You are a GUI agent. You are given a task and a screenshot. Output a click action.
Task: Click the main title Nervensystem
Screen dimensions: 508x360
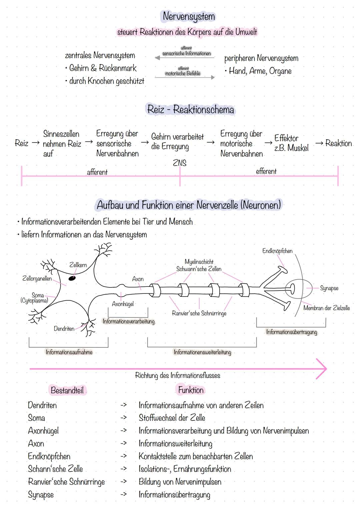click(x=189, y=16)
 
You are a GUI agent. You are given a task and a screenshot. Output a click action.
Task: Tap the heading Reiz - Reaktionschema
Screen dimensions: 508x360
click(x=190, y=110)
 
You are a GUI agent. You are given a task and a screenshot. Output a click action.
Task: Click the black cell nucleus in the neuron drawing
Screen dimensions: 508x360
click(x=72, y=277)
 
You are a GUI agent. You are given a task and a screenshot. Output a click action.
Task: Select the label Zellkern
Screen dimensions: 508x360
click(x=78, y=265)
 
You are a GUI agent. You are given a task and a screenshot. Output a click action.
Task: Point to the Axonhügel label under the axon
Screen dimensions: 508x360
click(x=123, y=304)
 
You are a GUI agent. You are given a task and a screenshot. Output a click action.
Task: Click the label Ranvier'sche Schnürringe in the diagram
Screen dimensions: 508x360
click(x=199, y=313)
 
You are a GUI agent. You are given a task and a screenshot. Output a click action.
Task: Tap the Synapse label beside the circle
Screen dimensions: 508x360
click(x=329, y=288)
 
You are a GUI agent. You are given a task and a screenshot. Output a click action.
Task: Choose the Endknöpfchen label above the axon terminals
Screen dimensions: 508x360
click(x=277, y=251)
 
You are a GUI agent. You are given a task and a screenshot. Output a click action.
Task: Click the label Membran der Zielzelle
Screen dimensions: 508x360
click(x=326, y=308)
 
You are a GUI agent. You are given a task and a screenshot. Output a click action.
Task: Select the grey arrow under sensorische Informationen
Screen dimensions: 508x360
click(x=185, y=58)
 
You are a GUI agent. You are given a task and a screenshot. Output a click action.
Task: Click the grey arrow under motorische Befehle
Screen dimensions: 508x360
click(x=185, y=77)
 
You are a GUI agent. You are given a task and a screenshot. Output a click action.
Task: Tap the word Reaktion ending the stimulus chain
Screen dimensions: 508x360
click(x=338, y=143)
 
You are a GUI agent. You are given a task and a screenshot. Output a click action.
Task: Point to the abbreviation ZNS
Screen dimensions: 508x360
click(x=180, y=163)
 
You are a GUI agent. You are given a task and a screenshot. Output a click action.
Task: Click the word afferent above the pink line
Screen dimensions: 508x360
click(x=97, y=172)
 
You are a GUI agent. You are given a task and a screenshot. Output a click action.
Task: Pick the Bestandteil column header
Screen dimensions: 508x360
click(x=67, y=390)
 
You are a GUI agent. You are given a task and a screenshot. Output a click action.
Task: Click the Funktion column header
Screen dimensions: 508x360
click(x=190, y=390)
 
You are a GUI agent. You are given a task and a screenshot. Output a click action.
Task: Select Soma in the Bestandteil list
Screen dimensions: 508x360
click(x=36, y=418)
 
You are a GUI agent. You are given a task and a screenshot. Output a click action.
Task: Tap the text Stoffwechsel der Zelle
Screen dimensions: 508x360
click(x=172, y=418)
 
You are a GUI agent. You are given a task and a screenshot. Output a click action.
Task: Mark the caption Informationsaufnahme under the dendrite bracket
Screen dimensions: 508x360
click(x=69, y=352)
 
